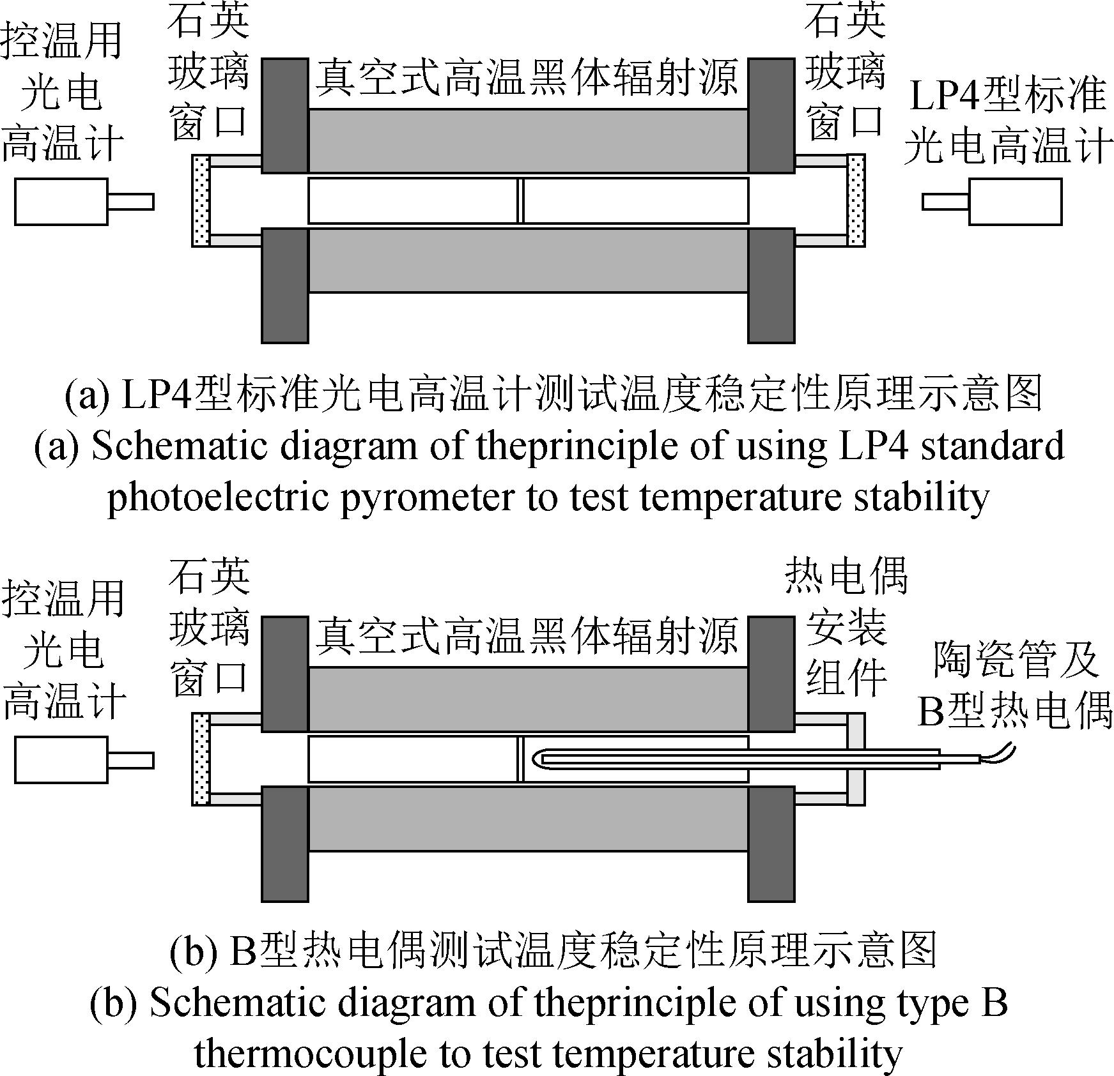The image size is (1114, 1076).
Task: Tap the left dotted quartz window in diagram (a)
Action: (x=201, y=201)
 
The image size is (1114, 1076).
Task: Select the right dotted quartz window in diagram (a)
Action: (x=856, y=201)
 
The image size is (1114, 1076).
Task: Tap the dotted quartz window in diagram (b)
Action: (x=201, y=759)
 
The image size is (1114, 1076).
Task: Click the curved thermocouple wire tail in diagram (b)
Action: (x=999, y=752)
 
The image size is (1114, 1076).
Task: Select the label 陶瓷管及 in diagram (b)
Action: (x=1014, y=660)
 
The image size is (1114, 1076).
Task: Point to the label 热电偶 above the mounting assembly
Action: (x=846, y=575)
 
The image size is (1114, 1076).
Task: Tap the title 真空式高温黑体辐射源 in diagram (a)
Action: (x=527, y=77)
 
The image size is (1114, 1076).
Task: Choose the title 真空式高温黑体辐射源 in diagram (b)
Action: (x=527, y=635)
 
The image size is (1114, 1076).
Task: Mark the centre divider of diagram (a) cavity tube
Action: (x=520, y=201)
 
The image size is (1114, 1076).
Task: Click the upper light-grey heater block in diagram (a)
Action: (x=528, y=140)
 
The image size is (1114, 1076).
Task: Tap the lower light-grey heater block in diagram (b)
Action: (x=528, y=819)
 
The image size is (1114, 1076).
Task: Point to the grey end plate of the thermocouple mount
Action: (x=856, y=759)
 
